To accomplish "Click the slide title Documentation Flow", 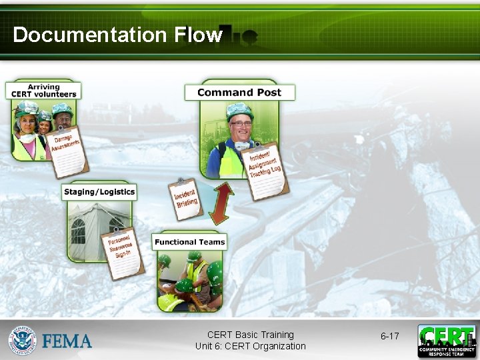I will point(117,35).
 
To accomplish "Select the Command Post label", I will point(239,93).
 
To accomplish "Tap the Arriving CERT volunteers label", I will point(43,91).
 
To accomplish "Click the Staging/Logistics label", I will point(99,192).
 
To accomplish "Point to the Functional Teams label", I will point(190,242).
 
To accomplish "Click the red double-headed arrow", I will point(221,203).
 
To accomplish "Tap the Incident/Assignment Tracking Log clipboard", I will point(265,169).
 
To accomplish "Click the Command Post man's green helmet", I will point(239,110).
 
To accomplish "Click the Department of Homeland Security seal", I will point(23,340).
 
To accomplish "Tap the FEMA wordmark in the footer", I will point(67,341).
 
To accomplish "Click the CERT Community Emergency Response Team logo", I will point(447,341).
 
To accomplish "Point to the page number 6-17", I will point(389,336).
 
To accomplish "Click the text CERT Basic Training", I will point(251,335).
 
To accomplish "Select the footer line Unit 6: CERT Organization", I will point(251,346).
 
